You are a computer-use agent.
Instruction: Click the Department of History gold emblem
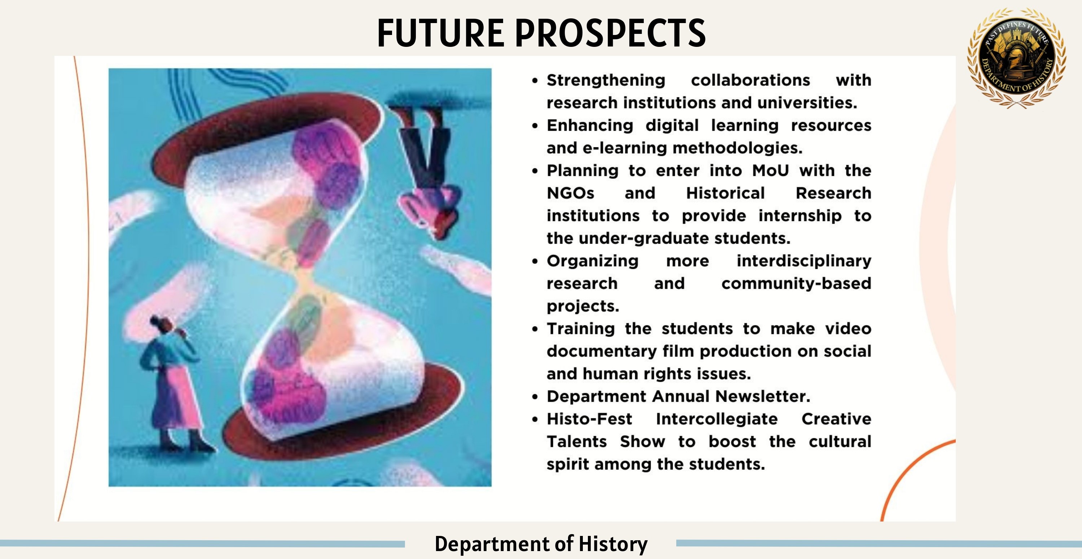coord(1016,58)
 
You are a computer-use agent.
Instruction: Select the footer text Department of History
coord(541,544)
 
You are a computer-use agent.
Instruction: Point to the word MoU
coord(770,170)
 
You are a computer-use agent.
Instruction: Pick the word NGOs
coord(571,193)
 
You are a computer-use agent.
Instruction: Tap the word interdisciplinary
coord(804,261)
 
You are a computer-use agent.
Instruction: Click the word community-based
coord(796,284)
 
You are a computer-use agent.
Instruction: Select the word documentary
coord(602,352)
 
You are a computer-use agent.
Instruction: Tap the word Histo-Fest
coord(589,419)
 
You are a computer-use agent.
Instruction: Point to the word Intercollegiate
coord(717,419)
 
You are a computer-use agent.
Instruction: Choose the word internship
coord(800,216)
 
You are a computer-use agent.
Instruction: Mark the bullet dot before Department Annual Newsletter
coord(535,396)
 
